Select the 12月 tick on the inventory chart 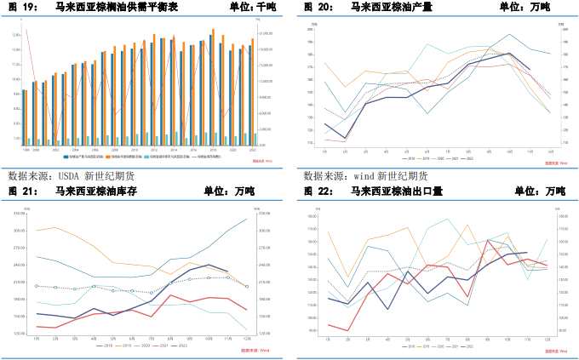click(247, 339)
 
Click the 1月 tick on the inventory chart click(37, 339)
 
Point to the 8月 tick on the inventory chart click(170, 339)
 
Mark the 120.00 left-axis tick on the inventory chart click(19, 334)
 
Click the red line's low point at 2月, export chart click(349, 329)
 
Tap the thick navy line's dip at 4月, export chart click(388, 308)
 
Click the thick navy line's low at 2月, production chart click(346, 138)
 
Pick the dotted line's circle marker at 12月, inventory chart click(247, 287)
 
